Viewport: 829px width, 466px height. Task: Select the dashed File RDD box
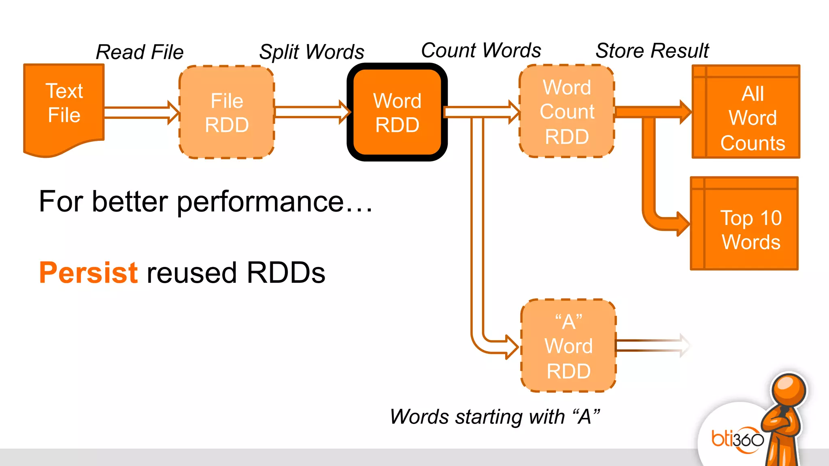click(x=227, y=112)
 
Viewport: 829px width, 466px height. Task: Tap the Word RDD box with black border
click(x=397, y=112)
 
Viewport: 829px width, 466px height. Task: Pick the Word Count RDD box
click(x=567, y=112)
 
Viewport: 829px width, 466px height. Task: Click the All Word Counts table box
click(x=746, y=112)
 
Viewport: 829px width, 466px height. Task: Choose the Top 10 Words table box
click(x=744, y=224)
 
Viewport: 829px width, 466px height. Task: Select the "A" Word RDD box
click(x=568, y=346)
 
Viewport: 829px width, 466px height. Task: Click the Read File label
click(x=140, y=52)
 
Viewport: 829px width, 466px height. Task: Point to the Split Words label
click(x=312, y=52)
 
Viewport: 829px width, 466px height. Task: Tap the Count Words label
click(x=481, y=51)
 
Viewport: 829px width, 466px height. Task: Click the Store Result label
click(x=652, y=51)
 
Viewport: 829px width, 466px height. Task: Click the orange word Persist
click(x=88, y=273)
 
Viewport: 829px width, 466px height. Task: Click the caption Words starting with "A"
click(x=495, y=417)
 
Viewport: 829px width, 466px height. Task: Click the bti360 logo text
click(x=738, y=439)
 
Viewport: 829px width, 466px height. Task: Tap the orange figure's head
click(x=788, y=391)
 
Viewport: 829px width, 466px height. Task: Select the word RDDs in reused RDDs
click(x=286, y=273)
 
